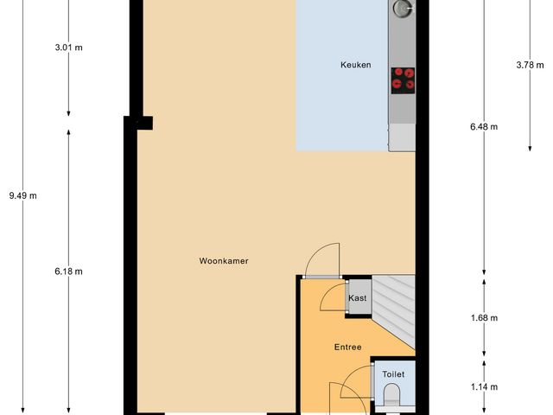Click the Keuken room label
point(355,65)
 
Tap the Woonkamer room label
point(224,260)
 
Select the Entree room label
point(347,347)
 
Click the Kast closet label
point(358,298)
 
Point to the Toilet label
point(393,374)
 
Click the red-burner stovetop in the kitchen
point(402,79)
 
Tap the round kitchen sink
point(402,9)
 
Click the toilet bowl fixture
point(392,399)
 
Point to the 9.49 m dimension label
point(22,195)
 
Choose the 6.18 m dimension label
point(67,271)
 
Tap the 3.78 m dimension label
point(528,64)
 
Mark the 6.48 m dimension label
point(483,126)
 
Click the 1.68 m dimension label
point(483,317)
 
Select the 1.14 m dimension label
point(483,386)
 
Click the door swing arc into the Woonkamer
point(325,259)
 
